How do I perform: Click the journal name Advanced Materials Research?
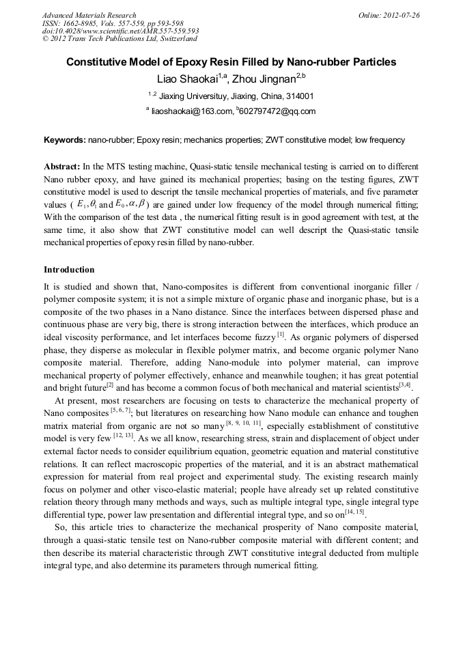(89, 15)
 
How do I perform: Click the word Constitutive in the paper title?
(100, 62)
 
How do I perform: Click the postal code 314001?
(300, 96)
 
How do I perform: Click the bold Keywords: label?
(65, 140)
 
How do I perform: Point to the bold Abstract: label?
(62, 167)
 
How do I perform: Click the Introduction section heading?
(69, 270)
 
